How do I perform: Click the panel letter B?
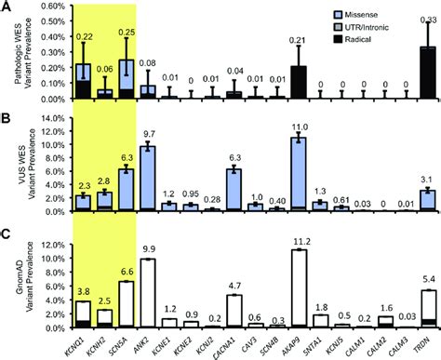(x=7, y=119)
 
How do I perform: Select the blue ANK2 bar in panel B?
(x=147, y=178)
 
